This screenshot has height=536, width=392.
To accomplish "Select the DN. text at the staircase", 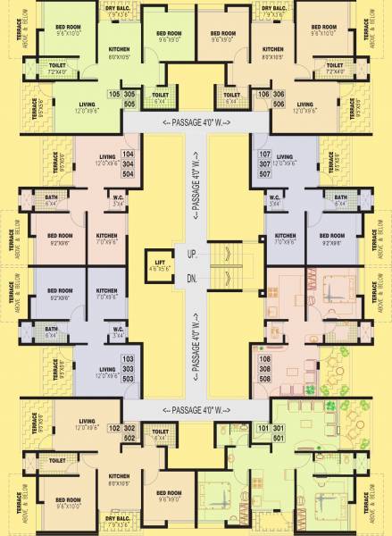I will [191, 280].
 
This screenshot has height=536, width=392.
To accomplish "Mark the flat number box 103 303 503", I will [128, 368].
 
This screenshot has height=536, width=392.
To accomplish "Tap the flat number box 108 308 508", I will [264, 368].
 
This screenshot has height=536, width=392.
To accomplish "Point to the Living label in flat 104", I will [107, 158].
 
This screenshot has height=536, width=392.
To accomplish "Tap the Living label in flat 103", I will [107, 370].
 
